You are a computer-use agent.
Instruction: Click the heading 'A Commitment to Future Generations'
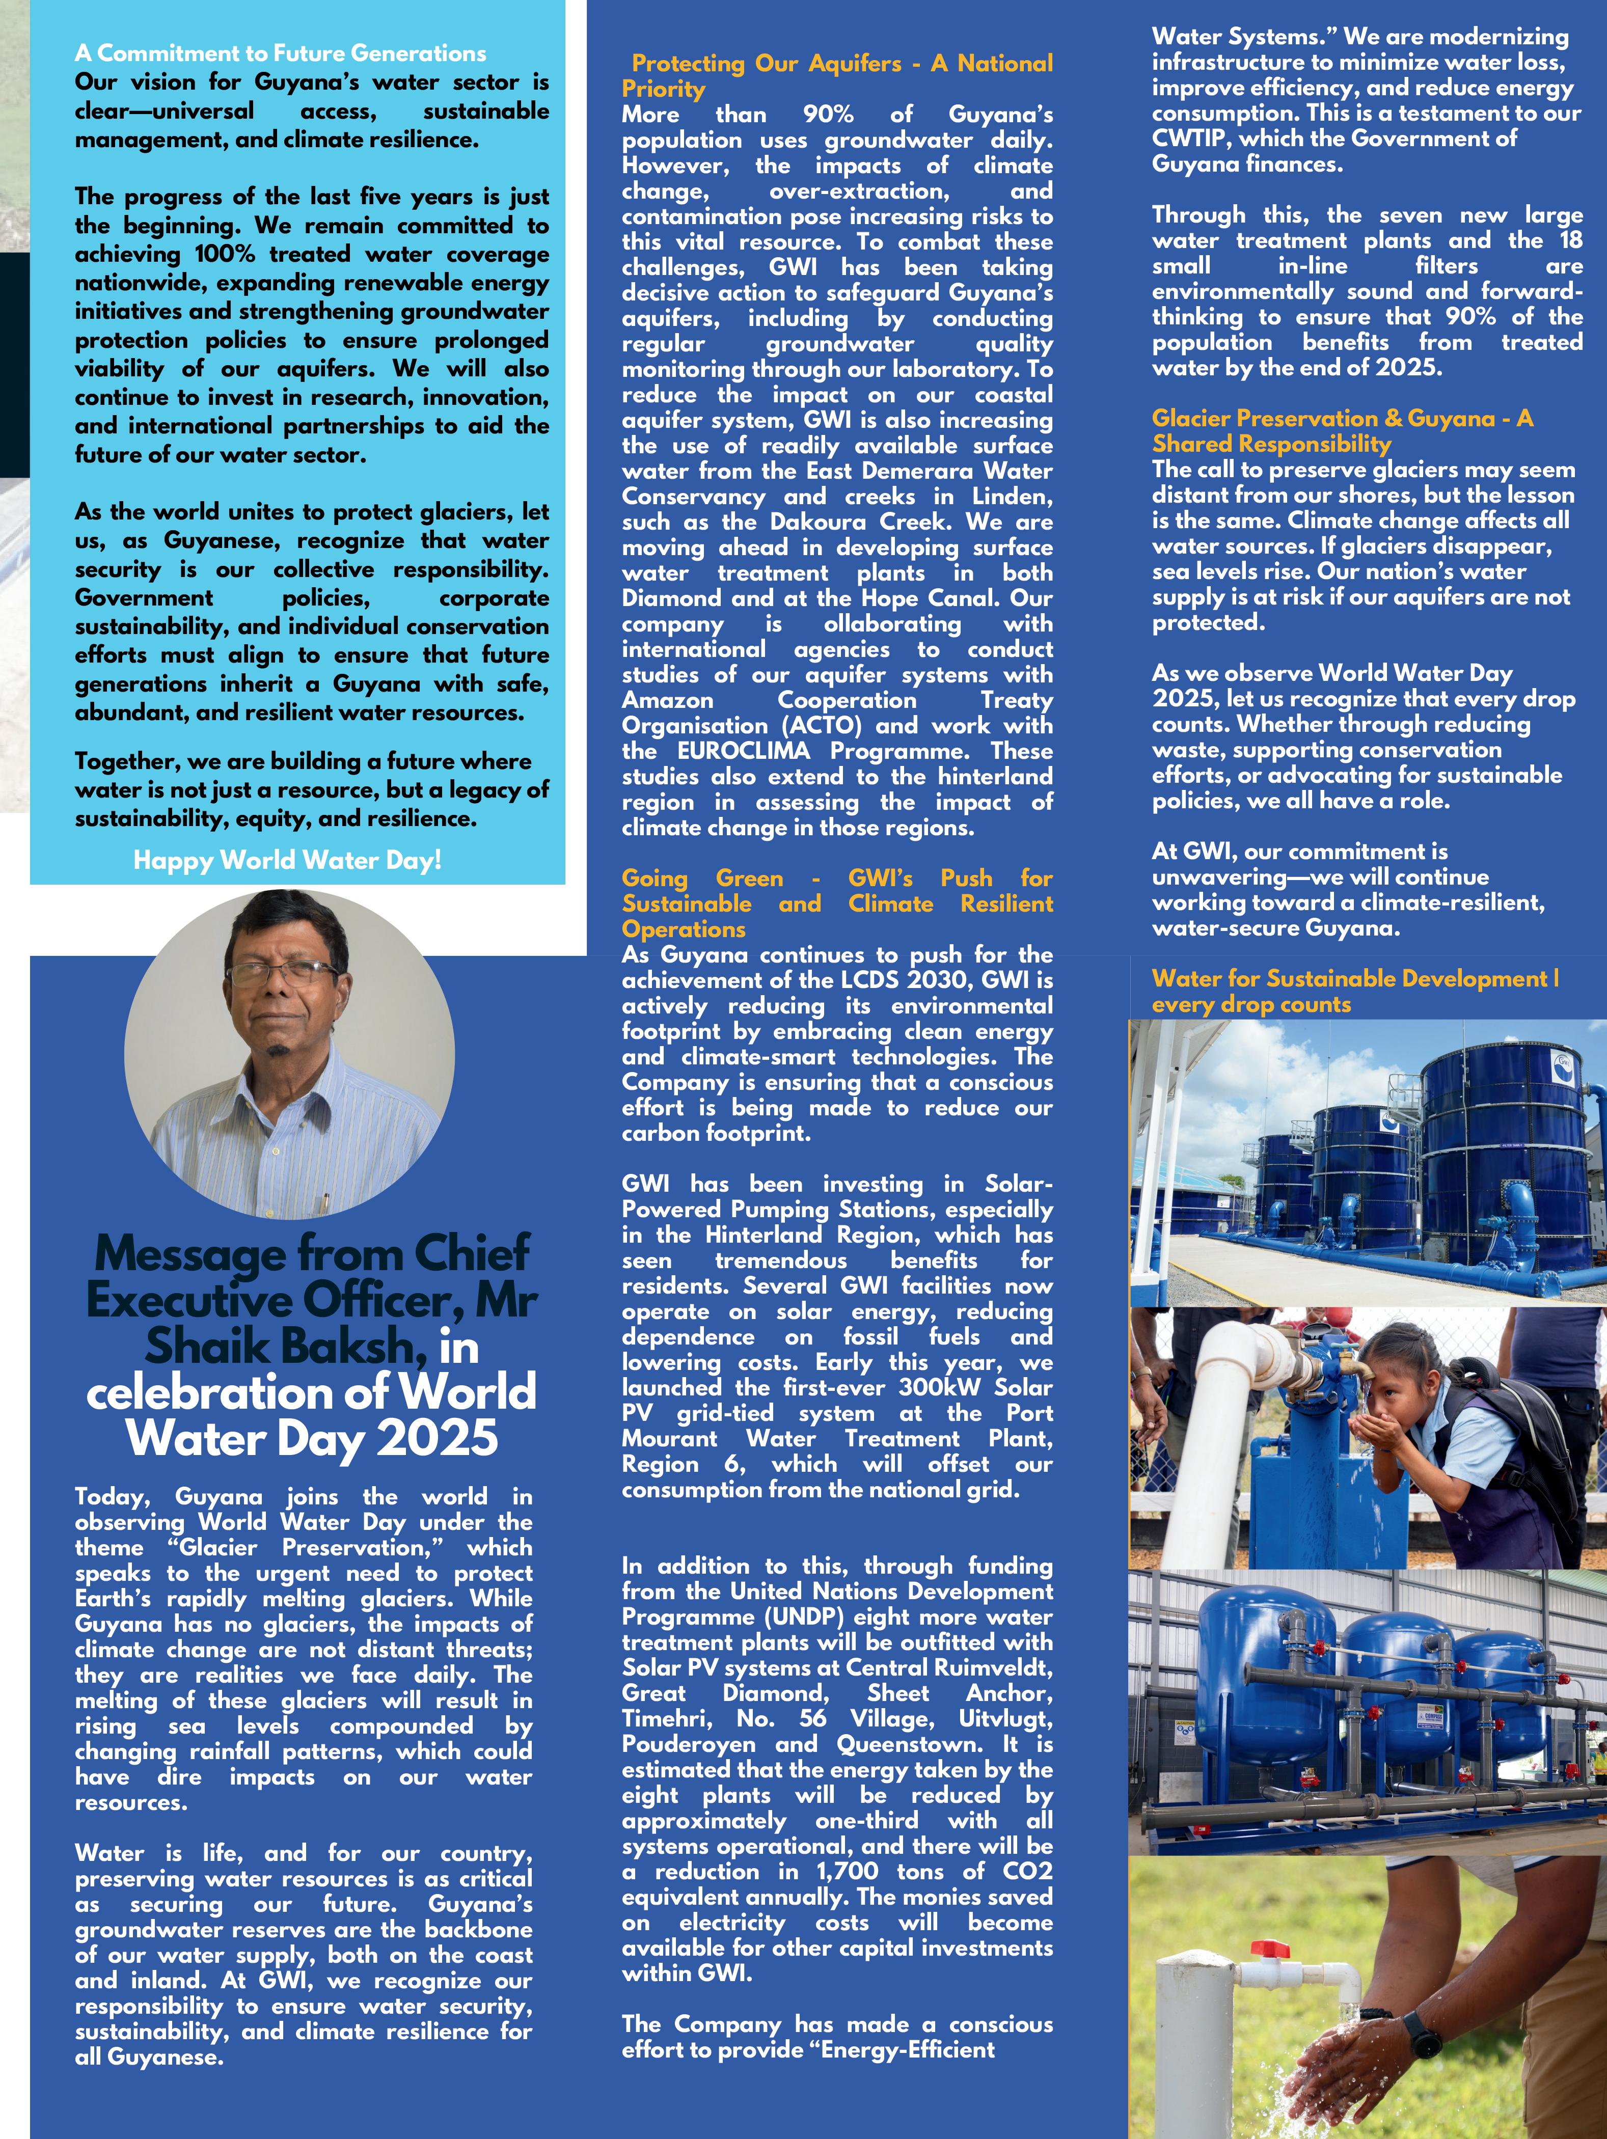coord(281,53)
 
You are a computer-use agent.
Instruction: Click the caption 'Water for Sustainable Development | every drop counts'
coord(1354,991)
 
